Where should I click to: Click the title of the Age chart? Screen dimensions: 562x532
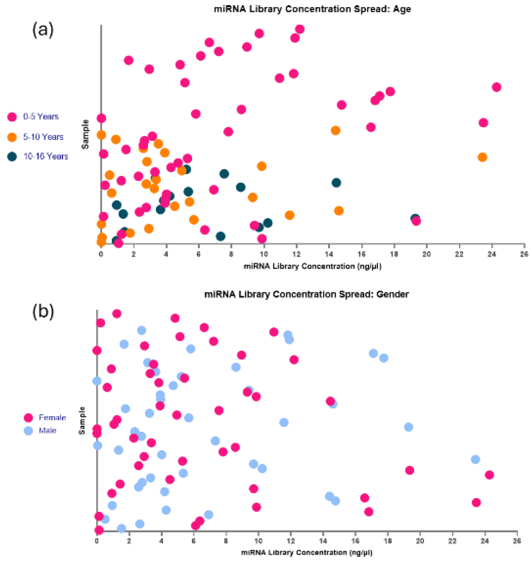312,9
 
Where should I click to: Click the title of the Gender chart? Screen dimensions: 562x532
307,294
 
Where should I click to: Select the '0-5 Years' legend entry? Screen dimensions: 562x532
41,116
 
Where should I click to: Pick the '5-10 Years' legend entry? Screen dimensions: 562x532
43,137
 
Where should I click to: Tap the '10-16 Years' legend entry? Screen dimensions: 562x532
46,156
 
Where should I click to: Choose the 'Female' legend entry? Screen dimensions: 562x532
52,418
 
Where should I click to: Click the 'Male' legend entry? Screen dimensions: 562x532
47,430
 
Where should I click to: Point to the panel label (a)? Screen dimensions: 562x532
43,29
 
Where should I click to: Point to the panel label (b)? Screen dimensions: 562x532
43,311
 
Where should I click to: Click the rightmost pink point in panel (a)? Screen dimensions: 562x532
496,87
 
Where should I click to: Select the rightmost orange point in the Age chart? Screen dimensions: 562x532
482,157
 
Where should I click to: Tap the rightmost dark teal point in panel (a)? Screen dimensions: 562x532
415,218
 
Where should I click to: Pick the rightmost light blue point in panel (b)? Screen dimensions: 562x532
475,459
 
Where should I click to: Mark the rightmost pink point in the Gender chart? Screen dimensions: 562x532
489,475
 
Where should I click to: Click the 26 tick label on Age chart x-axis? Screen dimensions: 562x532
524,254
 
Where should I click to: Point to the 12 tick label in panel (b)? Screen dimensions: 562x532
291,541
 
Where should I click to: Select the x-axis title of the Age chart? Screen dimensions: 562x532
312,266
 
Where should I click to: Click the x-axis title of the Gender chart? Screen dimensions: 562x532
307,553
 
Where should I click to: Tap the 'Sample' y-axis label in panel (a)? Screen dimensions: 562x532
85,134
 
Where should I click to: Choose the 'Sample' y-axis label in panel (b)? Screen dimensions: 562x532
82,420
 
